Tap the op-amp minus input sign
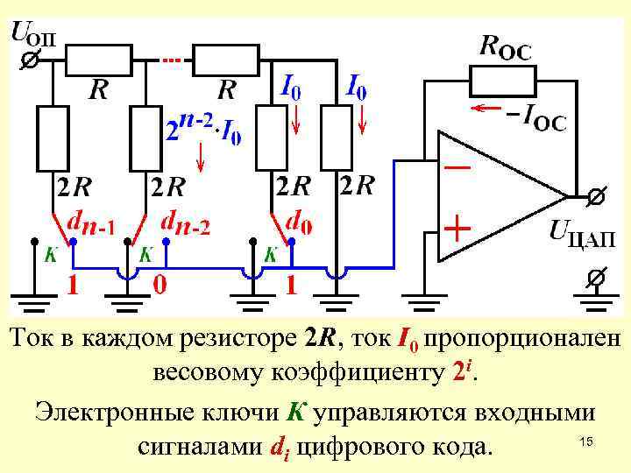coord(457,166)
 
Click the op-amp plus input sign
coord(457,230)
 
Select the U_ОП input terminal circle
coord(28,60)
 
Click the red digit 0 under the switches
coord(160,285)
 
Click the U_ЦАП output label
coord(581,236)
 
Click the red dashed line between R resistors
coord(172,60)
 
